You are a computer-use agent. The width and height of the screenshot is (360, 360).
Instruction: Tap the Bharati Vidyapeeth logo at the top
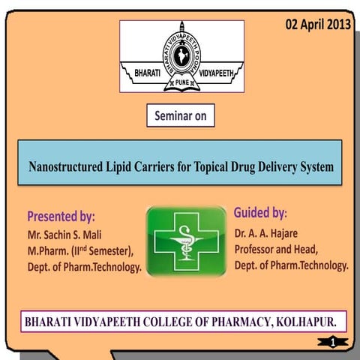tap(181, 55)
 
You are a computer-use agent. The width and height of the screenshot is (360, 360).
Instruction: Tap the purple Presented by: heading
tap(61, 217)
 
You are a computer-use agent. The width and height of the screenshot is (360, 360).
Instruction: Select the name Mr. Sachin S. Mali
tap(70, 235)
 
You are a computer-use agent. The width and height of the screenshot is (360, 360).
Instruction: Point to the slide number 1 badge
tap(331, 343)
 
